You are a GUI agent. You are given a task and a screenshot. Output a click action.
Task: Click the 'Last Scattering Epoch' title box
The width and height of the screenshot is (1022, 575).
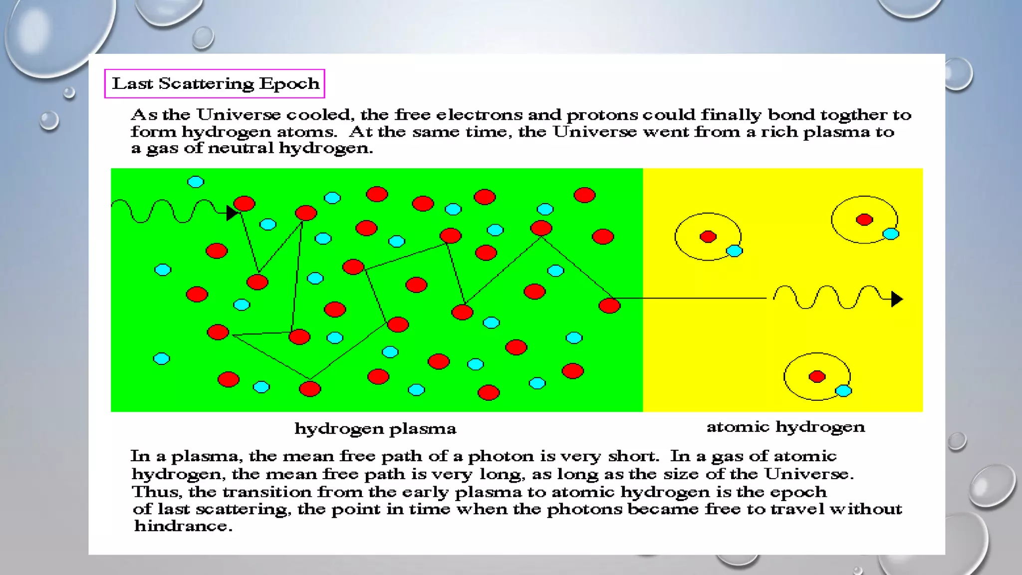[x=215, y=83]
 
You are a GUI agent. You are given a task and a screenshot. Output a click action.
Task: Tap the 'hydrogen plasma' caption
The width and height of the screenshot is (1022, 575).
[x=375, y=429]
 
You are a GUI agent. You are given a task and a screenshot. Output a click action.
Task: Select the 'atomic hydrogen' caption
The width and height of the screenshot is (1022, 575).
[x=785, y=427]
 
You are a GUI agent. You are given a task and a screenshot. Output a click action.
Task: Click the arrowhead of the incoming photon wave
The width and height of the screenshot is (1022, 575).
[x=232, y=213]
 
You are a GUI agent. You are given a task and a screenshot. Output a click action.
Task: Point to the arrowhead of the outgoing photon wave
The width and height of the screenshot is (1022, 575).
[x=897, y=299]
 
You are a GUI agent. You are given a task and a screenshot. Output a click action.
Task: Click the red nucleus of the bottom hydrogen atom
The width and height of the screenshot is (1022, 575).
[x=817, y=376]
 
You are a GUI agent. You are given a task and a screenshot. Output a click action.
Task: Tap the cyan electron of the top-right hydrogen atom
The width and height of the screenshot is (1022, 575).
[x=891, y=234]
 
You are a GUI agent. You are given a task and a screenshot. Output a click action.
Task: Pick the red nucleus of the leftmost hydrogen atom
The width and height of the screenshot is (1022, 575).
[x=708, y=237]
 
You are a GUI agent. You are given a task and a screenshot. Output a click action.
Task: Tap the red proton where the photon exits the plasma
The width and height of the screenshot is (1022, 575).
[x=609, y=305]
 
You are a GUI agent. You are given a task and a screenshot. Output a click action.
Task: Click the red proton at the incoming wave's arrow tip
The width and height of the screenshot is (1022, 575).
[x=245, y=204]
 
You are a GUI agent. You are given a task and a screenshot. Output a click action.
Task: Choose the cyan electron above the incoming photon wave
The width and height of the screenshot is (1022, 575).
[x=196, y=182]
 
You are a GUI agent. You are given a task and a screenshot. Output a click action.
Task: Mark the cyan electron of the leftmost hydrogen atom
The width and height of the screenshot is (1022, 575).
[x=734, y=251]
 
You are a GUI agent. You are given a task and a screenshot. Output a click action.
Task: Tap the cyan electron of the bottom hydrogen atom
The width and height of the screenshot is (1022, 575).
[x=843, y=391]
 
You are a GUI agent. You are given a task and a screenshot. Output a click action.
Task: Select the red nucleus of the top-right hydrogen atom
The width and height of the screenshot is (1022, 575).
[x=864, y=220]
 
